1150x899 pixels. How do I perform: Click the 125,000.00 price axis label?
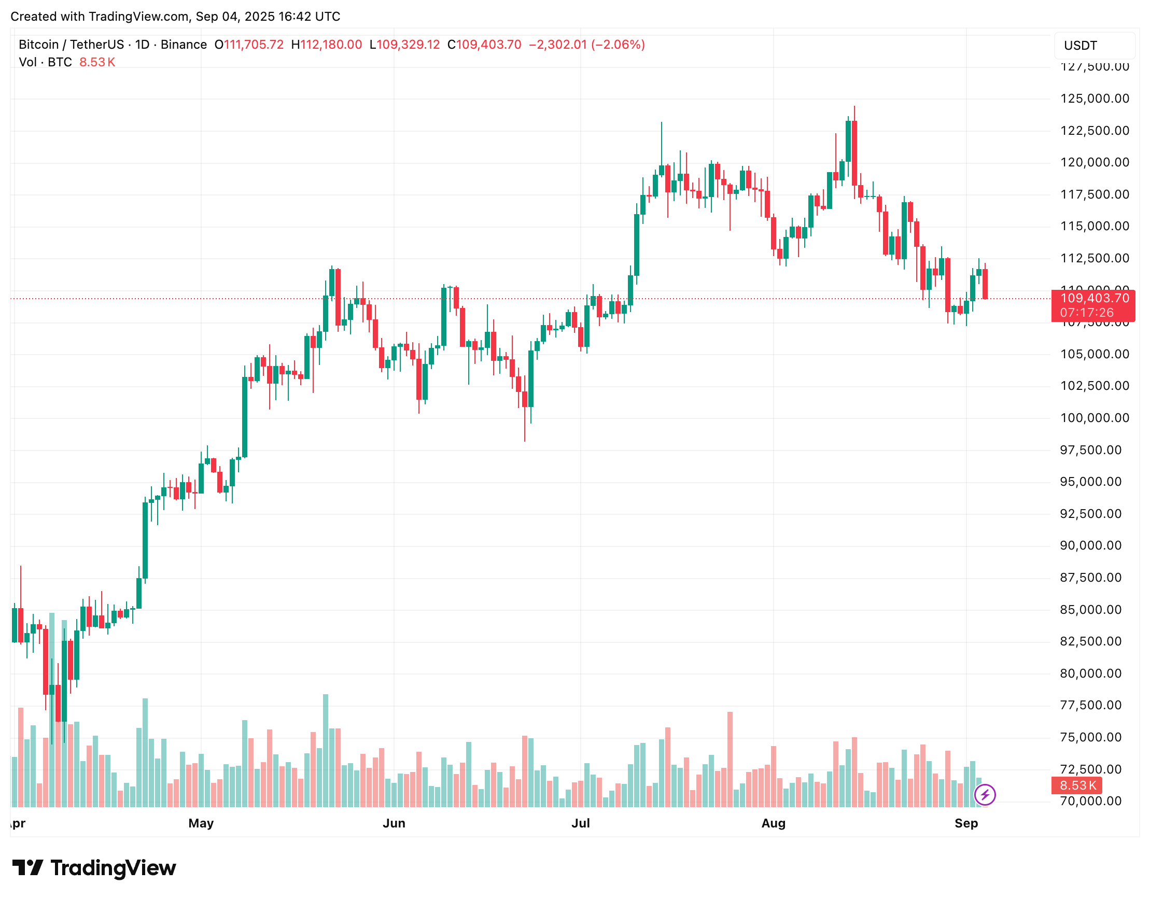1094,99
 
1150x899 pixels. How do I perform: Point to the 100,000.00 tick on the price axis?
1094,418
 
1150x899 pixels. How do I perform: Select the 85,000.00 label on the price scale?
1090,610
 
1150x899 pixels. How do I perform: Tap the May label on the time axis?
201,823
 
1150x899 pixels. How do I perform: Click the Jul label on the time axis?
580,823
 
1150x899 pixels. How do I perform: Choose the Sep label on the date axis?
966,823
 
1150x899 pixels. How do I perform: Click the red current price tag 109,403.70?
1094,299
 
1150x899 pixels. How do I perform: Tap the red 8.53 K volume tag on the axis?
1077,785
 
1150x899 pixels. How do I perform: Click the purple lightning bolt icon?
985,795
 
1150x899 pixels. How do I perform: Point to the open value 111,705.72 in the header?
254,45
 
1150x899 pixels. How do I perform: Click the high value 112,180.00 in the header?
331,45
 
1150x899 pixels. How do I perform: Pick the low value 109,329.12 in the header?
408,45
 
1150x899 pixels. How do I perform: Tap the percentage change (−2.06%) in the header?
618,45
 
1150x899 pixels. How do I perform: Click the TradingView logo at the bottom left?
94,868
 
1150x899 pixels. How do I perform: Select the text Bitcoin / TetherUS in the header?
71,45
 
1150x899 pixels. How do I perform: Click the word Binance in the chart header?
184,45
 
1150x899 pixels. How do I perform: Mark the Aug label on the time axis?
773,823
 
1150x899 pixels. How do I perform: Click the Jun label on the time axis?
394,823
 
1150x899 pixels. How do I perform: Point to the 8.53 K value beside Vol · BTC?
97,62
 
